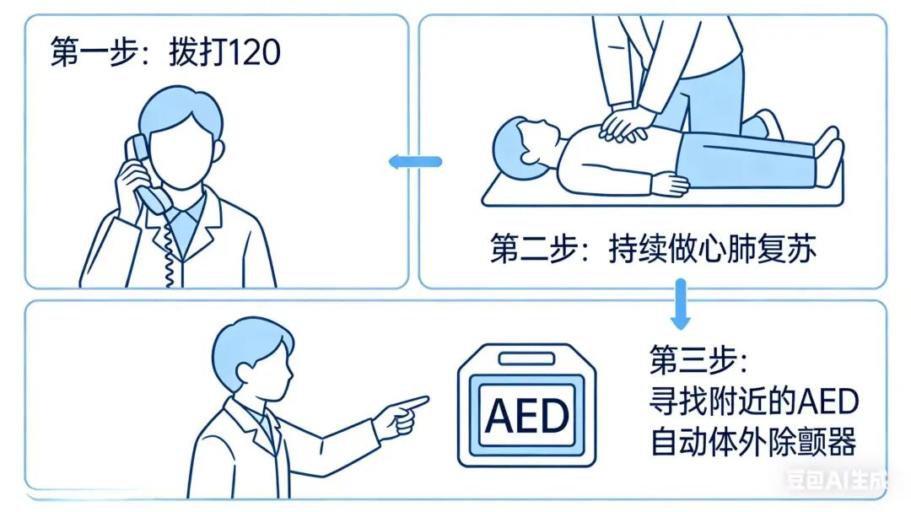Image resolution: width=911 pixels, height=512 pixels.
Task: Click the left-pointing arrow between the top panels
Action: pyautogui.click(x=414, y=161)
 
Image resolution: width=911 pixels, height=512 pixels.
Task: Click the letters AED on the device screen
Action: pyautogui.click(x=528, y=415)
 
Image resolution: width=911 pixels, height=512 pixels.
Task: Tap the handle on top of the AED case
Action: pyautogui.click(x=527, y=358)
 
